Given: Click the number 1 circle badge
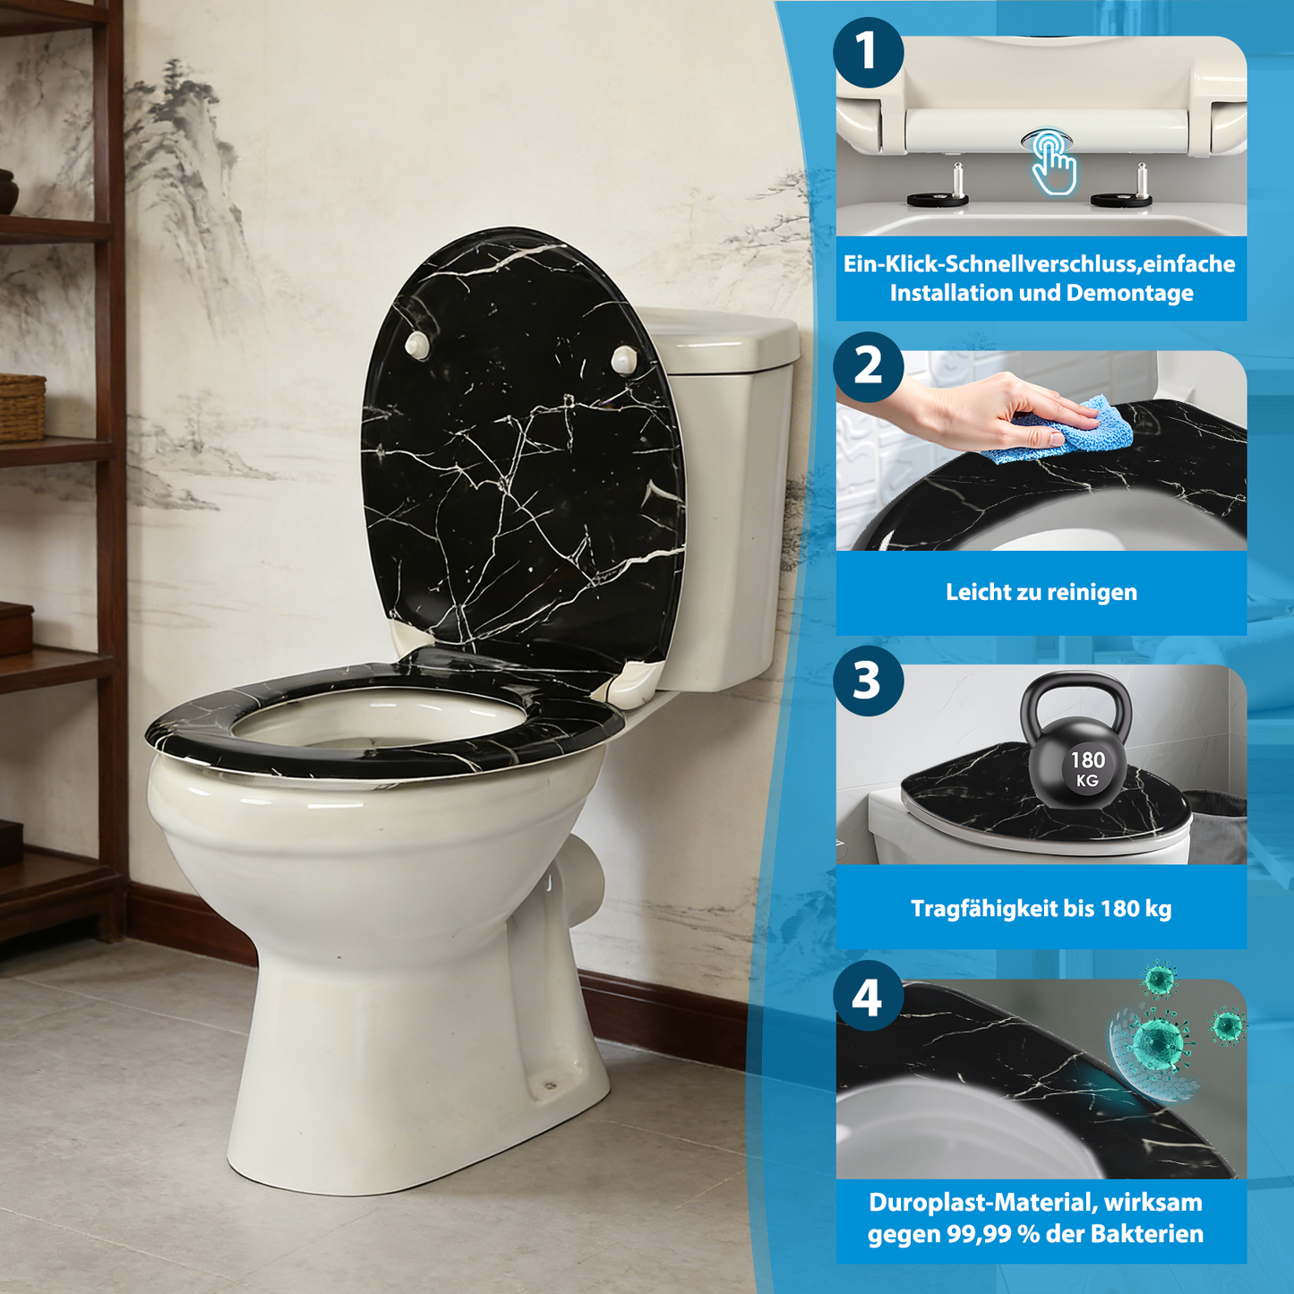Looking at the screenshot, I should (867, 51).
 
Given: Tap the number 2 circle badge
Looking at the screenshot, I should (867, 366).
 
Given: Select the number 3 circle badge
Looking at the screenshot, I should (867, 681).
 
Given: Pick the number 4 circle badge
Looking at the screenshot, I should (867, 996).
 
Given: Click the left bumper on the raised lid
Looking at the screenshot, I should (416, 344).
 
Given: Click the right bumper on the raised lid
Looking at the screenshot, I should (623, 359).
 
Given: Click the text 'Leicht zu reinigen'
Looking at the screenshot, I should (1041, 592).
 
